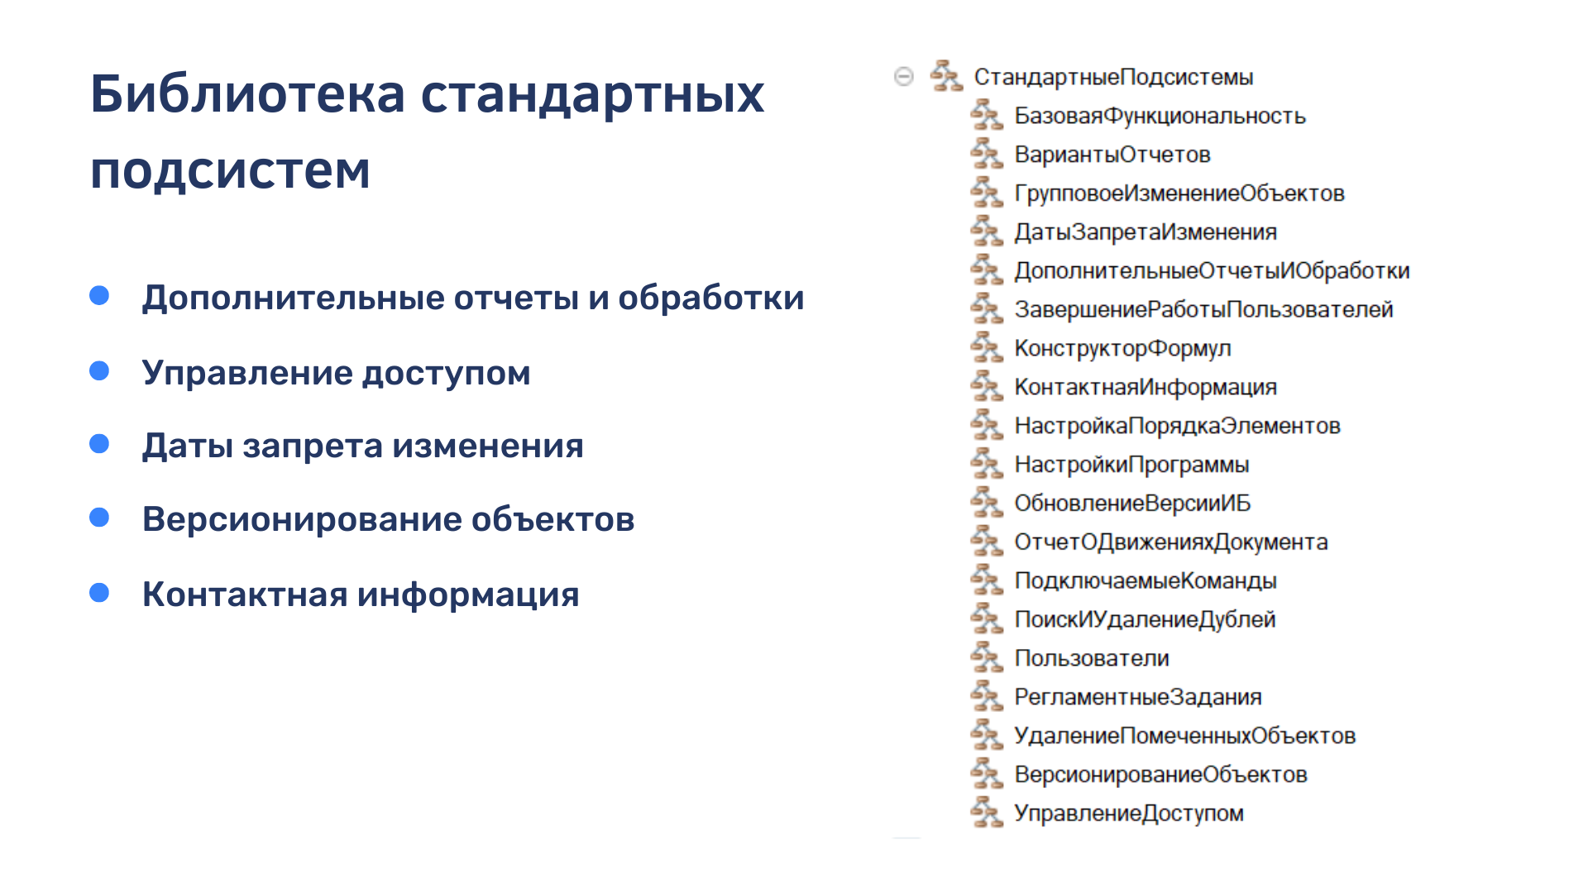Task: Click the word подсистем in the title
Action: [230, 170]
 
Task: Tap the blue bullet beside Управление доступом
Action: [99, 370]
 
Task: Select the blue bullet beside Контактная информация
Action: [99, 592]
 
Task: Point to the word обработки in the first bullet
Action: [711, 298]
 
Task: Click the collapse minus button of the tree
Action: [904, 76]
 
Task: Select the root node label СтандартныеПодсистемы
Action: [1113, 77]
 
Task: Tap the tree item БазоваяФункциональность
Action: [1160, 116]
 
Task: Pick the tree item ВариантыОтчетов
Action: [1112, 155]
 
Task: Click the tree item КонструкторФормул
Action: [1122, 348]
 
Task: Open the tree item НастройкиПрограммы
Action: [1131, 465]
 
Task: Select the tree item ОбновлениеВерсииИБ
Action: [1132, 504]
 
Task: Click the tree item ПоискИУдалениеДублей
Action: [1145, 619]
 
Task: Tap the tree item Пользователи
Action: [1092, 658]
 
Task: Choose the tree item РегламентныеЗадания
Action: [1138, 697]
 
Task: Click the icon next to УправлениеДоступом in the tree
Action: [987, 812]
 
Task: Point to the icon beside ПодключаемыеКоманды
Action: [987, 580]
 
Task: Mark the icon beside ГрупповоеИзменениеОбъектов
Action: [987, 193]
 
